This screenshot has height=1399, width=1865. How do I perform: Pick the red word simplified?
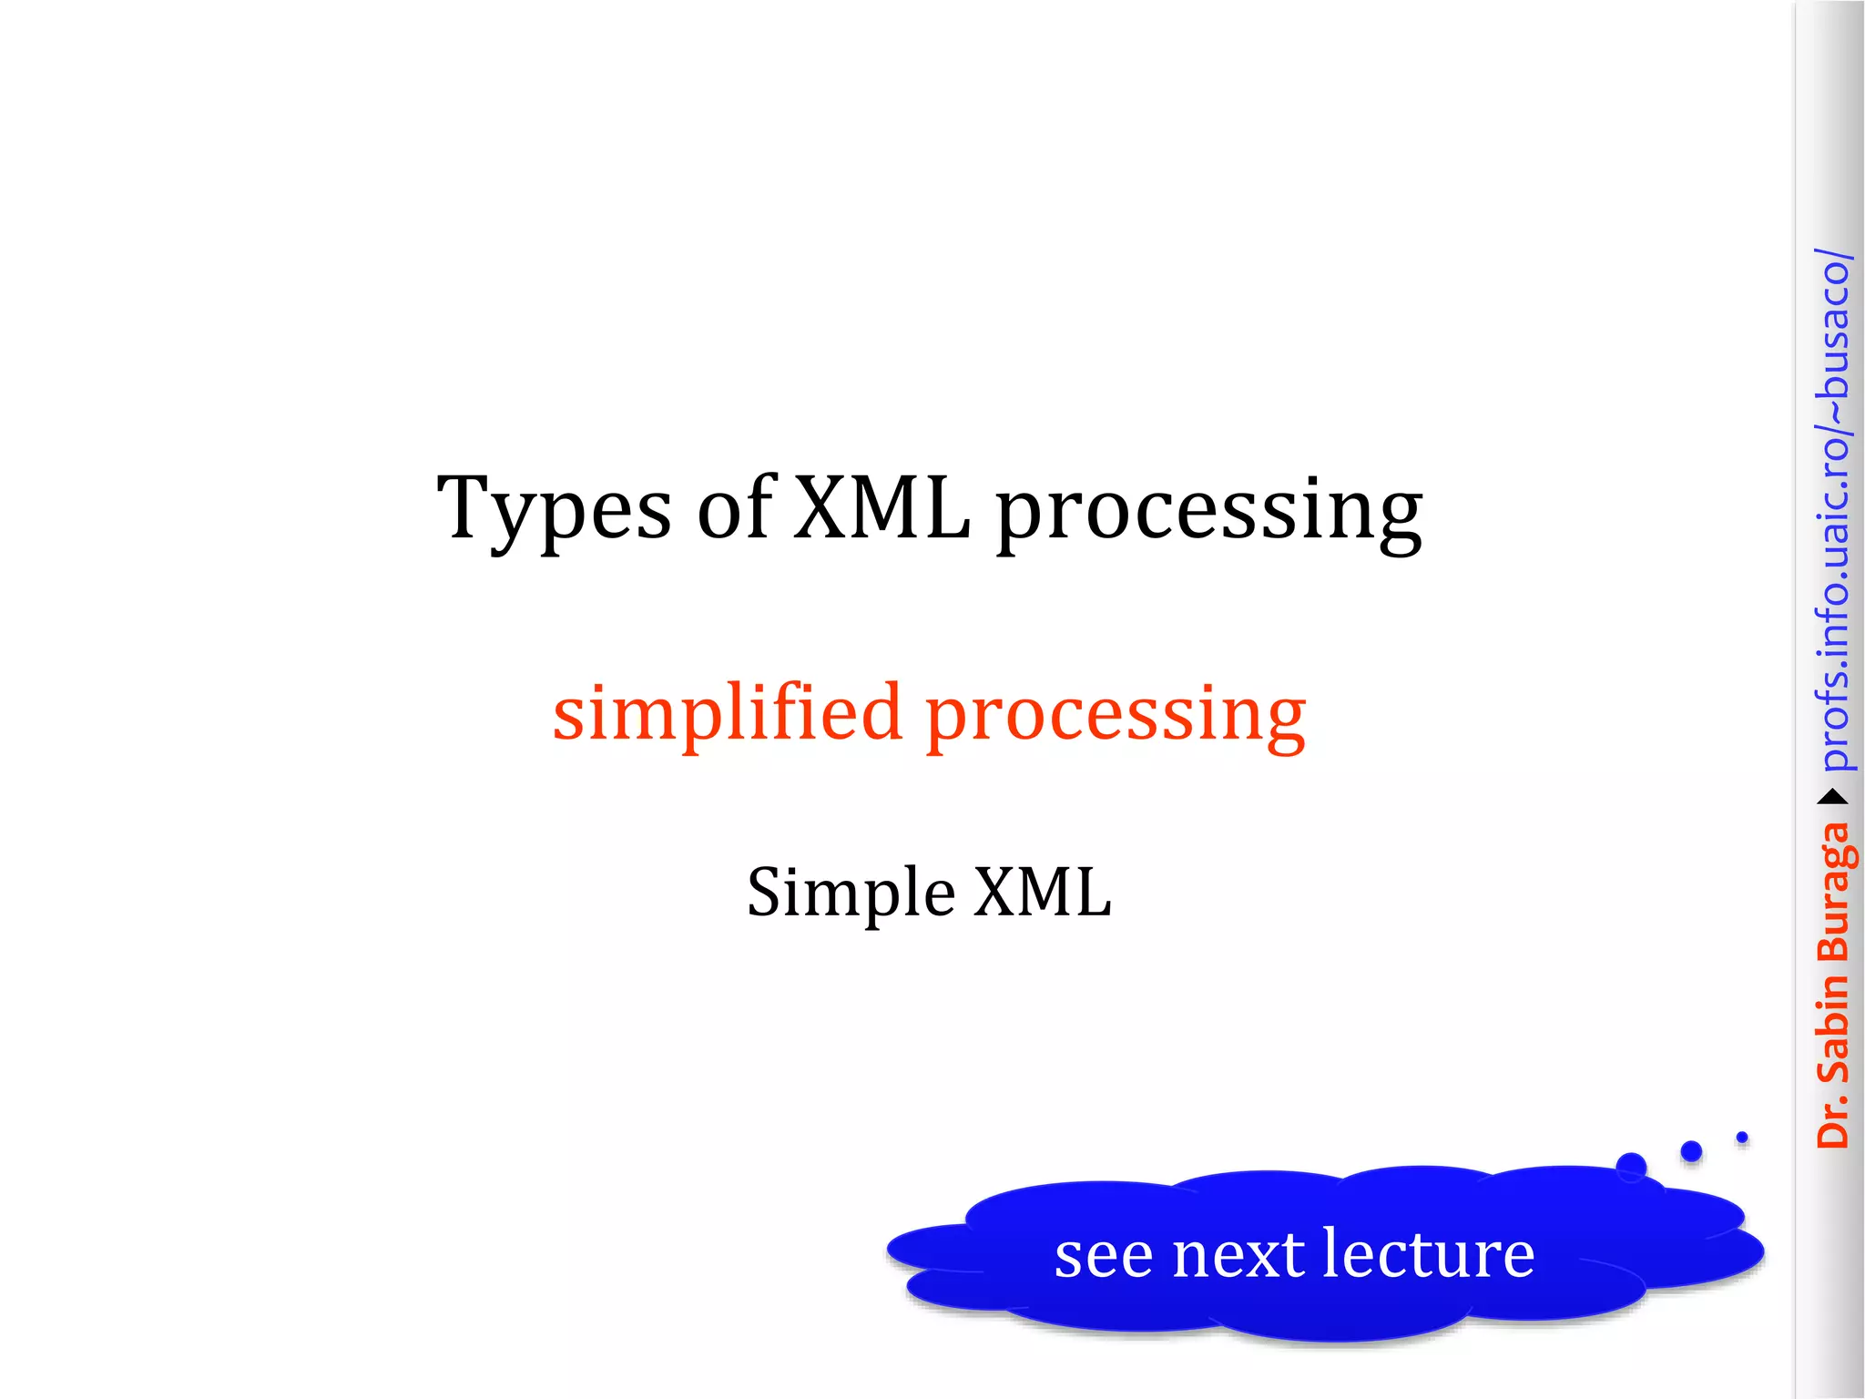[727, 714]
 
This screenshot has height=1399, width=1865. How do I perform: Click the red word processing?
[1116, 718]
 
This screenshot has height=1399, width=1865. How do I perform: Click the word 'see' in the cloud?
[1103, 1256]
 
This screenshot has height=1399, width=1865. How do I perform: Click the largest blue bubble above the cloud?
[1631, 1167]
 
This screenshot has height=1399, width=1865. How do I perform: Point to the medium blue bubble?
[1691, 1151]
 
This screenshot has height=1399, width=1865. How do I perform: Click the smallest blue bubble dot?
[1742, 1137]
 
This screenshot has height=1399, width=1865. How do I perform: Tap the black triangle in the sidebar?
[1833, 798]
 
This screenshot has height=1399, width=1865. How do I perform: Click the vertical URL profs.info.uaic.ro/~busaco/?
[1833, 510]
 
